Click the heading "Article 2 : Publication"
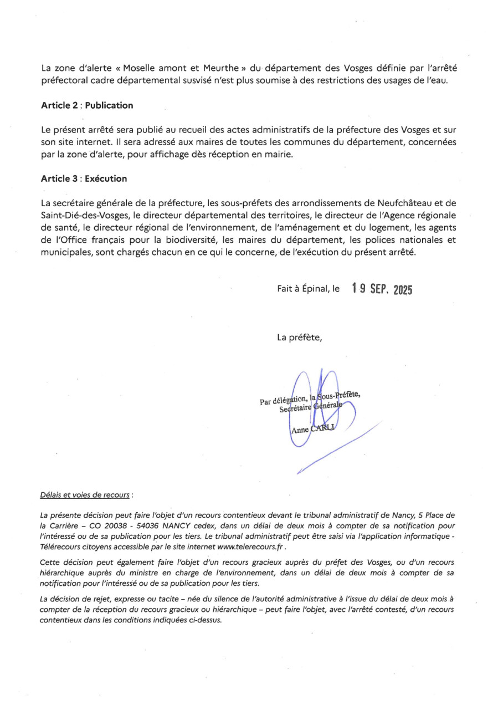point(87,105)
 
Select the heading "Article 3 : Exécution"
point(84,178)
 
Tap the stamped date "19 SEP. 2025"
point(382,289)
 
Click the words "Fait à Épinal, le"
point(309,289)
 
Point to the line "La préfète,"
point(299,338)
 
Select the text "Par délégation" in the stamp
point(283,400)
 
